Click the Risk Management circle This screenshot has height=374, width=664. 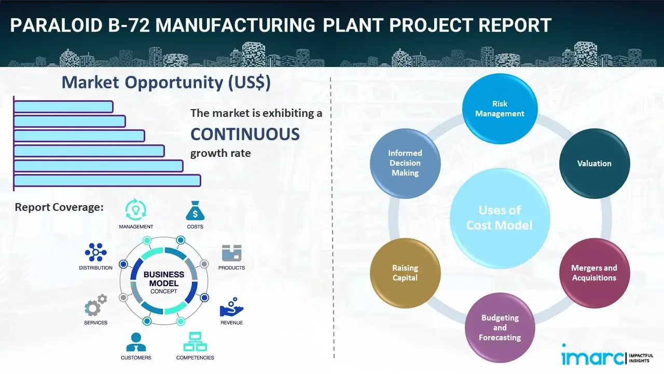pyautogui.click(x=500, y=109)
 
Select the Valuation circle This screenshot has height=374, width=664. pyautogui.click(x=594, y=163)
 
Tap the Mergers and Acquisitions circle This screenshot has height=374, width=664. pyautogui.click(x=594, y=273)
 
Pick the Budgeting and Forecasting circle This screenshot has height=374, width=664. pyautogui.click(x=500, y=327)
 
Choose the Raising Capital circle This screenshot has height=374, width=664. pyautogui.click(x=405, y=273)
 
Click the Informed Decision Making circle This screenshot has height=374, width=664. pyautogui.click(x=405, y=163)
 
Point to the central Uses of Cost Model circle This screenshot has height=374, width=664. pyautogui.click(x=500, y=218)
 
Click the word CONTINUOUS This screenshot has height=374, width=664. pyautogui.click(x=245, y=135)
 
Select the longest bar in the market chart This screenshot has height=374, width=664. pyautogui.click(x=107, y=180)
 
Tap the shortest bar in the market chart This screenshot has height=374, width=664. pyautogui.click(x=63, y=106)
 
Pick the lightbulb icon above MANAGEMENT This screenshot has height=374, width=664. pyautogui.click(x=135, y=209)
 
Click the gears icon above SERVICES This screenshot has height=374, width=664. pyautogui.click(x=95, y=306)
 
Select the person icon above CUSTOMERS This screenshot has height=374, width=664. pyautogui.click(x=136, y=342)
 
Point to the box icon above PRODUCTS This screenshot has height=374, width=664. pyautogui.click(x=231, y=253)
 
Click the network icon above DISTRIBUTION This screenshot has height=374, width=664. pyautogui.click(x=95, y=252)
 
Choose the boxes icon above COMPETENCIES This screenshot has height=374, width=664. pyautogui.click(x=195, y=342)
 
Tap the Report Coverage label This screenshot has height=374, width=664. pyautogui.click(x=59, y=207)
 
